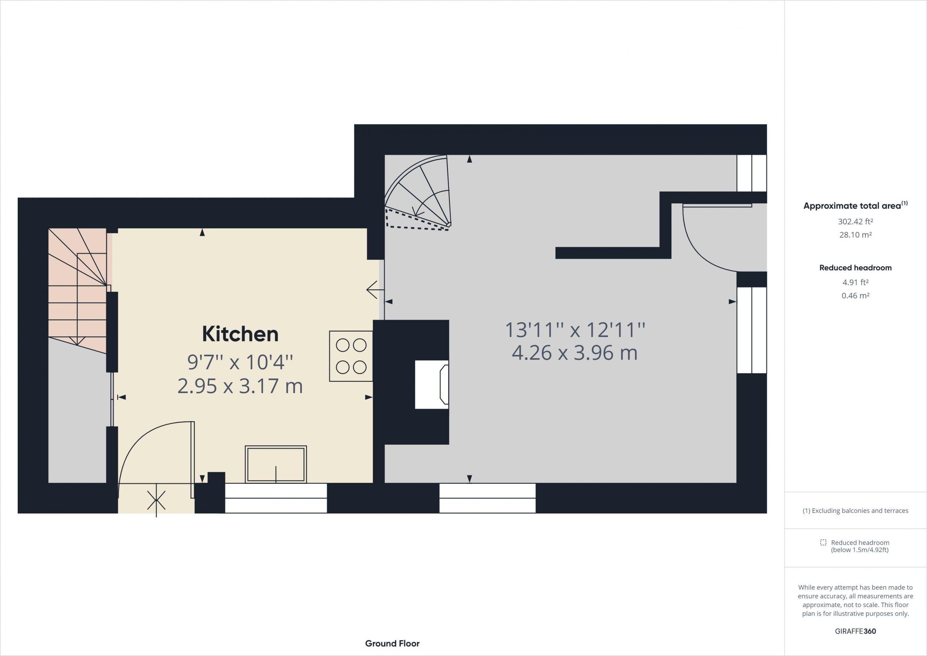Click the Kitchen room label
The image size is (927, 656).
pyautogui.click(x=240, y=334)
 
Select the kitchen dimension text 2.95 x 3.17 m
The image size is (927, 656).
pyautogui.click(x=240, y=386)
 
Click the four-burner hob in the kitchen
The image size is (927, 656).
pyautogui.click(x=351, y=356)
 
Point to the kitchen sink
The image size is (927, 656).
pyautogui.click(x=276, y=464)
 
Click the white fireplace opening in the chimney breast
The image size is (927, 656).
pyautogui.click(x=432, y=385)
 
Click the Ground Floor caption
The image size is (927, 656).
pyautogui.click(x=393, y=643)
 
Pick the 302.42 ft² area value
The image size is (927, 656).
pyautogui.click(x=855, y=221)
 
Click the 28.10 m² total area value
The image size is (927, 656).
pyautogui.click(x=855, y=235)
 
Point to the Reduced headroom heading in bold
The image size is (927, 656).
pyautogui.click(x=855, y=267)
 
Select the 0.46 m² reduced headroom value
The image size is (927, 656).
pyautogui.click(x=855, y=295)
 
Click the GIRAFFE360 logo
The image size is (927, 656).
pyautogui.click(x=855, y=631)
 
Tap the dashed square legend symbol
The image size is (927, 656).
pyautogui.click(x=823, y=543)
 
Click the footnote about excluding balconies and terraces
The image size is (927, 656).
pyautogui.click(x=855, y=511)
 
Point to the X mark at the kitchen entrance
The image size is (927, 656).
pyautogui.click(x=156, y=501)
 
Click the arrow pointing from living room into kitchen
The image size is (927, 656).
pyautogui.click(x=375, y=290)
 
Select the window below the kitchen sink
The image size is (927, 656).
pyautogui.click(x=276, y=498)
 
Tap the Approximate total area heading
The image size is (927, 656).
pyautogui.click(x=855, y=205)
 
